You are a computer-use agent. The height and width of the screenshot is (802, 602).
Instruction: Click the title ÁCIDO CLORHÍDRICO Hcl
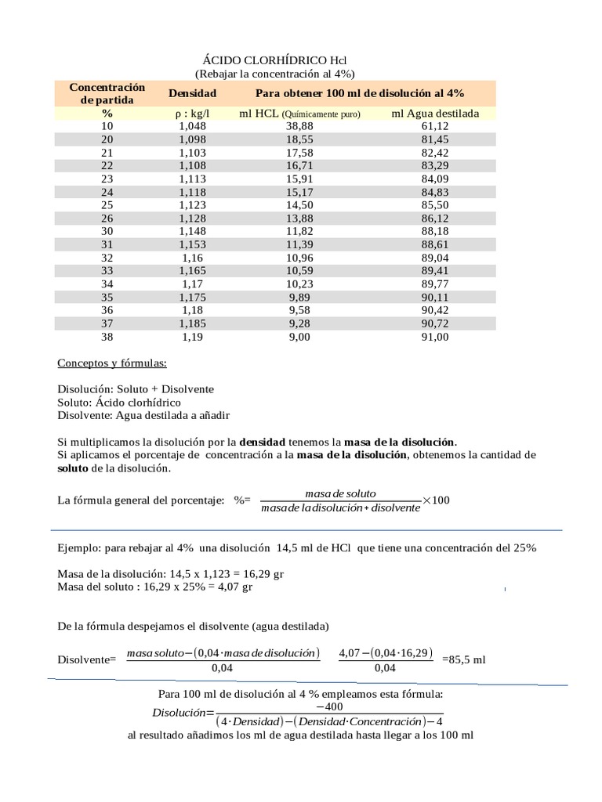click(274, 60)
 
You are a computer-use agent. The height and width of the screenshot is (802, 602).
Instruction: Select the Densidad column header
click(192, 93)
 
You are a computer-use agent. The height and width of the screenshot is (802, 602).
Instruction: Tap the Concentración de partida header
click(107, 93)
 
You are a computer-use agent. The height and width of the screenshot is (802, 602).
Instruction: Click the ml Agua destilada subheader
click(435, 114)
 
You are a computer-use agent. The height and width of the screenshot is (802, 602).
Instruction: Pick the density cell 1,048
click(192, 126)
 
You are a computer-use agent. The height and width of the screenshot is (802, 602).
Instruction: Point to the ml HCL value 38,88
click(299, 126)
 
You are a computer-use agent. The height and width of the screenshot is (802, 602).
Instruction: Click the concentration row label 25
click(107, 205)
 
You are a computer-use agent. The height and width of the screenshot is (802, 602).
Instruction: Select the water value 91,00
click(435, 338)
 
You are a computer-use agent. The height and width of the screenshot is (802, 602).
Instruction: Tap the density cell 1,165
click(192, 271)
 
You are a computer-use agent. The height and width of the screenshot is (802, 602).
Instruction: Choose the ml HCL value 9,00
click(299, 338)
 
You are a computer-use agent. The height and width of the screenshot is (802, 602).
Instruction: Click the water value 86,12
click(435, 219)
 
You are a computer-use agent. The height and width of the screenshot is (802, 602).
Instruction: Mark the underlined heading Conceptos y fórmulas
click(112, 363)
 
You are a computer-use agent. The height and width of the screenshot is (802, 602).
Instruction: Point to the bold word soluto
click(73, 468)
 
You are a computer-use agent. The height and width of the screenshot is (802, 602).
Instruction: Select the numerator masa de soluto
click(339, 493)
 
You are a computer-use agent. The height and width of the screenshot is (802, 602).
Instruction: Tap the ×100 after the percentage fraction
click(436, 500)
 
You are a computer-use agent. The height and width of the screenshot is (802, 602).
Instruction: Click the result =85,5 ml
click(464, 659)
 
